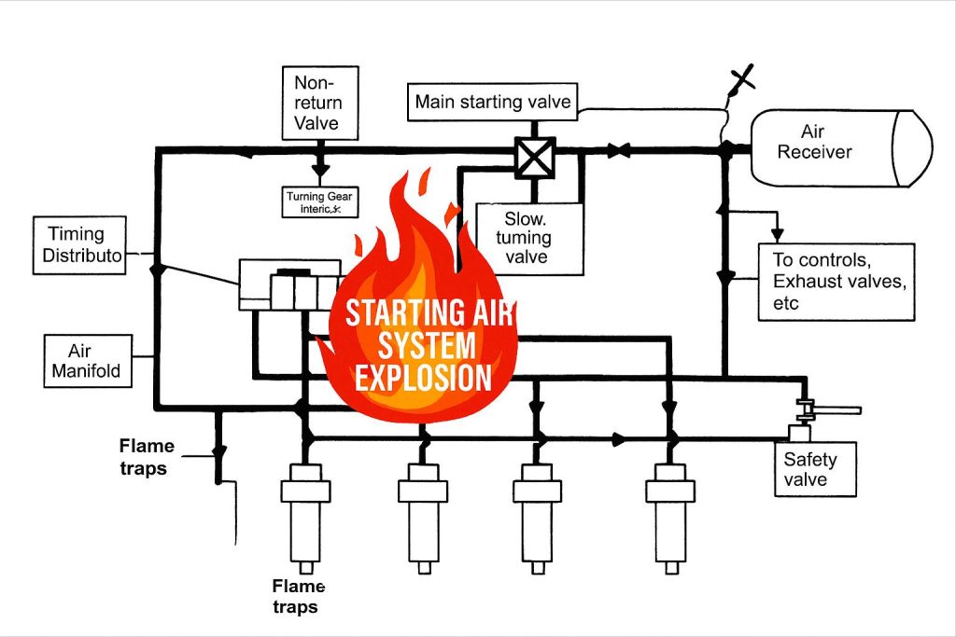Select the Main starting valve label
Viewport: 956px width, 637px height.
(x=492, y=102)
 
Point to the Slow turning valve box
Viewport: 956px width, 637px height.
(x=528, y=238)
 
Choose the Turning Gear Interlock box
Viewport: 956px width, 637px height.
(x=320, y=202)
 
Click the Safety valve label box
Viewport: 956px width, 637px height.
(x=816, y=469)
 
